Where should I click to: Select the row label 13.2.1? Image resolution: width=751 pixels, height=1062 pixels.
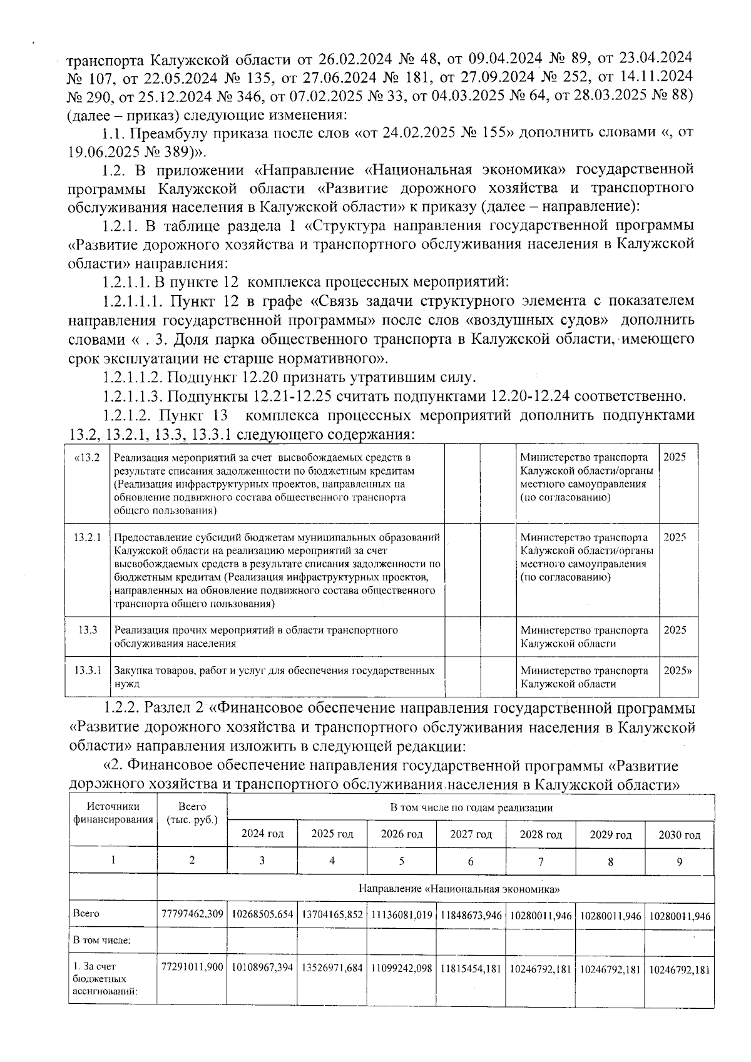88,537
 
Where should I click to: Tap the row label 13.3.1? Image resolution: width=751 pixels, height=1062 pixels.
88,670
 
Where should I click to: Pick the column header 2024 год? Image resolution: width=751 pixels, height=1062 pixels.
262,834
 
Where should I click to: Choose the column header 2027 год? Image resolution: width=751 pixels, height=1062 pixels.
471,834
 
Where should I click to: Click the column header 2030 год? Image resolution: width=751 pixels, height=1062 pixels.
679,834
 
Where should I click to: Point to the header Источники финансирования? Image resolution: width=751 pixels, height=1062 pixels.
113,813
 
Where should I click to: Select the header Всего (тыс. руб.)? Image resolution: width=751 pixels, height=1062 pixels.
192,813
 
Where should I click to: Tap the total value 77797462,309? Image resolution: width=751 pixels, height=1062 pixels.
192,914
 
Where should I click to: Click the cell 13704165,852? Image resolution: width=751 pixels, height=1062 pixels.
332,914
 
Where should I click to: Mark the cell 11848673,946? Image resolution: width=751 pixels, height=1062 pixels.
471,914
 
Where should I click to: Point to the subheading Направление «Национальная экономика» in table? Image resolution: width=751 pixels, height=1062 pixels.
459,888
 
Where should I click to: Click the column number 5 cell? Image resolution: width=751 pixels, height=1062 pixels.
401,861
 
